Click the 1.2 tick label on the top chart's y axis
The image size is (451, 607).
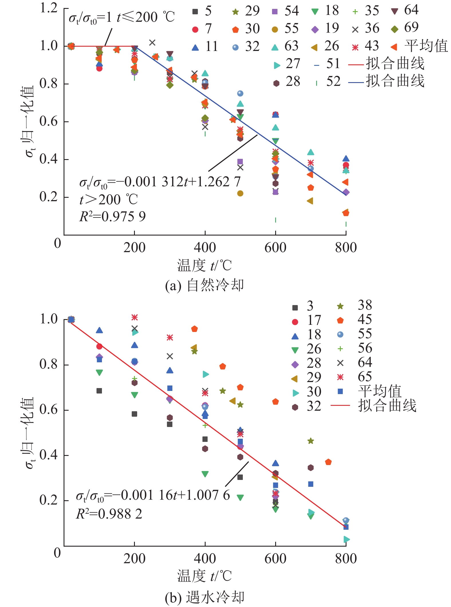click(49, 8)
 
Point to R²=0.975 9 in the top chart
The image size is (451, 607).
click(112, 217)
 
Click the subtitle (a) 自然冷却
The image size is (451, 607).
click(204, 285)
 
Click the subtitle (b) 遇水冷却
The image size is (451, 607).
click(204, 598)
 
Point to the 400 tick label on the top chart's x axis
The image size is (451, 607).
click(205, 248)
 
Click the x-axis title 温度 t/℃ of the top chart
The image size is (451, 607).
click(204, 266)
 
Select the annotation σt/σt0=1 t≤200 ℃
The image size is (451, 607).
click(121, 18)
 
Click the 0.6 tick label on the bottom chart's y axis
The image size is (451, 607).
click(49, 410)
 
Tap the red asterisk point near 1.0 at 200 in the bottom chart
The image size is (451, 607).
click(135, 317)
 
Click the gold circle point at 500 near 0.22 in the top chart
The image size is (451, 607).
click(240, 193)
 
